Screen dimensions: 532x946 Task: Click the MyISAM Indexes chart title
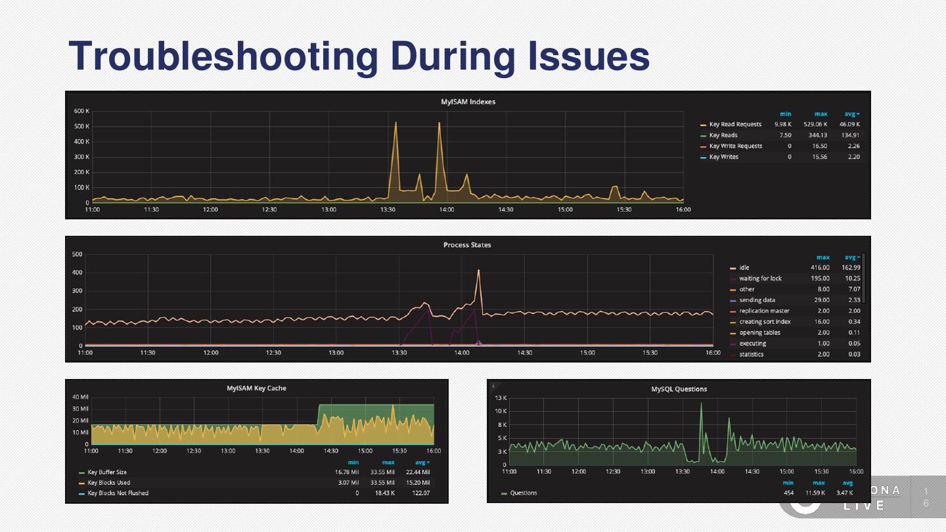468,102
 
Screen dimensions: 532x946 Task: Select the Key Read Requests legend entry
735,124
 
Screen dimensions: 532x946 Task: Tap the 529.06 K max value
815,124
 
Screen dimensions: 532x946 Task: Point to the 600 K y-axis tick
82,111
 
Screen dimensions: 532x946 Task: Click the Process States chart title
467,245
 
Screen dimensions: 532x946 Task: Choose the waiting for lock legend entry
760,278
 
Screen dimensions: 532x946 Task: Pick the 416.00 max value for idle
820,268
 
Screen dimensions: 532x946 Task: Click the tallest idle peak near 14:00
478,270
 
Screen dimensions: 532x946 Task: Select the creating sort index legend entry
765,322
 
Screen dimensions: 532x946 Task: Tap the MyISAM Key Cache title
256,388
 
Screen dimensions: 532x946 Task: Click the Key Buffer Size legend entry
107,472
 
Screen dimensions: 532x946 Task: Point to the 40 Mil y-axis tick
80,397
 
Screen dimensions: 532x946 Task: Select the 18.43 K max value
384,493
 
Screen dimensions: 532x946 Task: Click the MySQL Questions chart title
679,389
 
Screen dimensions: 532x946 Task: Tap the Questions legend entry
523,493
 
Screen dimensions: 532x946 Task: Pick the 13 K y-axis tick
500,398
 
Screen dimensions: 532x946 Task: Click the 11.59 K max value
815,493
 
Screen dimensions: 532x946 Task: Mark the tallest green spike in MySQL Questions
701,403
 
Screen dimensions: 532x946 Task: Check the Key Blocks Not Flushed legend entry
118,493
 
